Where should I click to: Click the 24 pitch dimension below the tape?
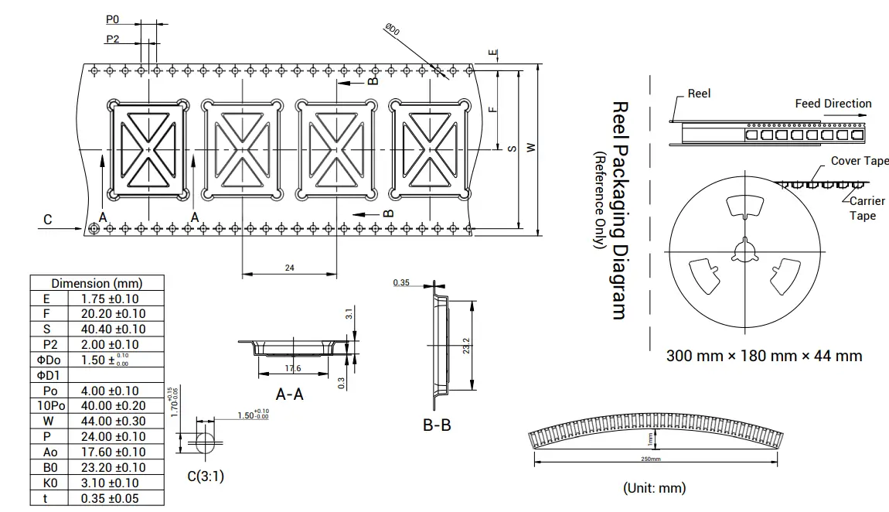290,268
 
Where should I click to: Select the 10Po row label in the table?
50,405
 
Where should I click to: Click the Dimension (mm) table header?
97,283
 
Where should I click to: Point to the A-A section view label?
290,394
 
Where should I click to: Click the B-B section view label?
437,425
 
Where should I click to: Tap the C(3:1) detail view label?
206,476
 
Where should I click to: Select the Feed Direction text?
833,104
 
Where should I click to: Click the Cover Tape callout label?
859,161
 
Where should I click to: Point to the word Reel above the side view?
699,94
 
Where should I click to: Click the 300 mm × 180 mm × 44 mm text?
764,356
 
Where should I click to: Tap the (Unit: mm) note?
654,487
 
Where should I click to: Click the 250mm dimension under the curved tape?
651,459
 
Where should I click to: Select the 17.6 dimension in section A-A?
293,368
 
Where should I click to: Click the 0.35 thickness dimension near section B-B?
401,283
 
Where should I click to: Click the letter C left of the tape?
48,220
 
